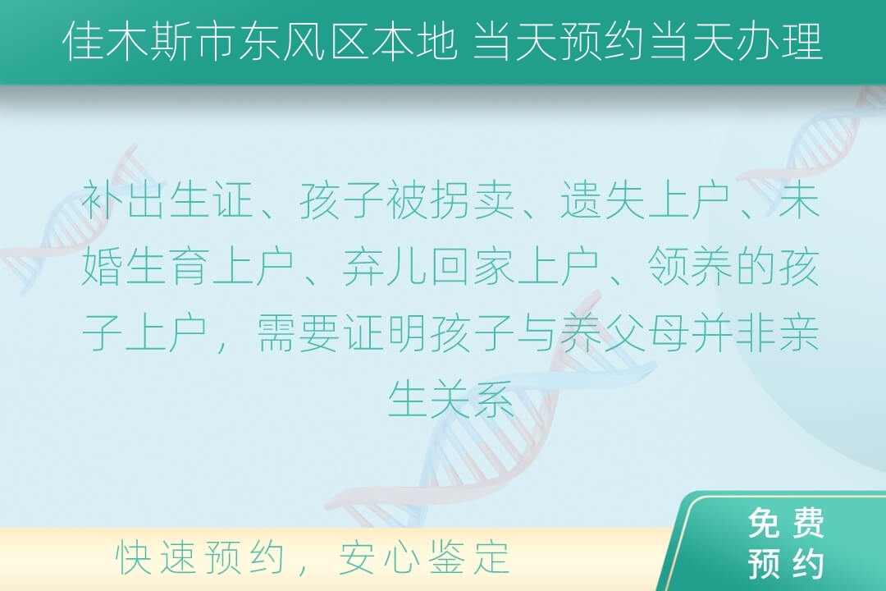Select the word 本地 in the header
pyautogui.click(x=414, y=41)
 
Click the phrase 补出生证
pyautogui.click(x=168, y=200)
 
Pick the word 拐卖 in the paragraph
pyautogui.click(x=472, y=200)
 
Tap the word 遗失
pyautogui.click(x=602, y=200)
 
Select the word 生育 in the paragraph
pyautogui.click(x=168, y=267)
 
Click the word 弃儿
pyautogui.click(x=386, y=267)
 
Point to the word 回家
pyautogui.click(x=472, y=267)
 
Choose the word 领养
pyautogui.click(x=689, y=267)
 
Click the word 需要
pyautogui.click(x=299, y=332)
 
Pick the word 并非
pyautogui.click(x=733, y=332)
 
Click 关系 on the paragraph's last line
pyautogui.click(x=472, y=399)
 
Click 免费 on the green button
pyautogui.click(x=785, y=523)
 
